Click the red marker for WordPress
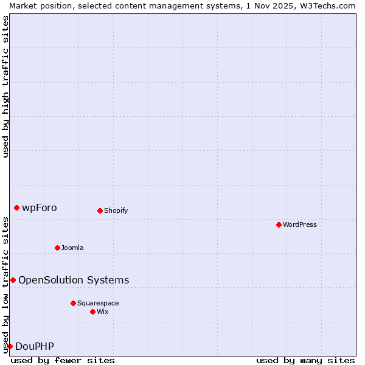pyautogui.click(x=279, y=224)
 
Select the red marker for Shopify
pyautogui.click(x=100, y=210)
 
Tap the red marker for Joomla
pyautogui.click(x=57, y=248)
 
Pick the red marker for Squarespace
pyautogui.click(x=73, y=303)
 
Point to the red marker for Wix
pyautogui.click(x=92, y=311)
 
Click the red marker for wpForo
pyautogui.click(x=16, y=207)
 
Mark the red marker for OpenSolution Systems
pyautogui.click(x=13, y=280)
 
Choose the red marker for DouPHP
pyautogui.click(x=10, y=346)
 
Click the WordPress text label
pyautogui.click(x=300, y=225)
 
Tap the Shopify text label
pyautogui.click(x=116, y=211)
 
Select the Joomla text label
pyautogui.click(x=72, y=248)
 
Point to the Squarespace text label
pyautogui.click(x=98, y=304)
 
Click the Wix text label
pyautogui.click(x=103, y=312)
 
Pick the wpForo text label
pyautogui.click(x=40, y=208)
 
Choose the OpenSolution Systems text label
pyautogui.click(x=74, y=280)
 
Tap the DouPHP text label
pyautogui.click(x=35, y=347)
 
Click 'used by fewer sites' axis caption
pyautogui.click(x=63, y=360)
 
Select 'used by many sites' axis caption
pyautogui.click(x=305, y=360)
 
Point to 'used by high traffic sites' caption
pyautogui.click(x=5, y=86)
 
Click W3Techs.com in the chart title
pyautogui.click(x=327, y=5)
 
